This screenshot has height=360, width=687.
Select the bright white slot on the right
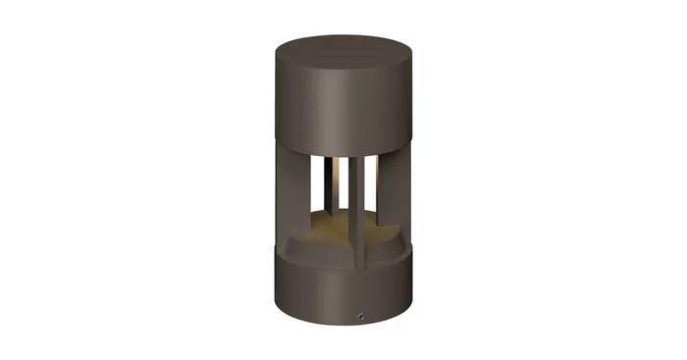371,181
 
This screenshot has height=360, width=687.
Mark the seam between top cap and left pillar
286,147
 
